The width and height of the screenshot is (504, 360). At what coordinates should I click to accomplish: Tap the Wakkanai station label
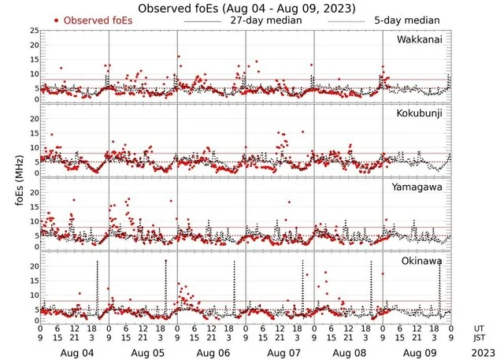(x=422, y=39)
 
